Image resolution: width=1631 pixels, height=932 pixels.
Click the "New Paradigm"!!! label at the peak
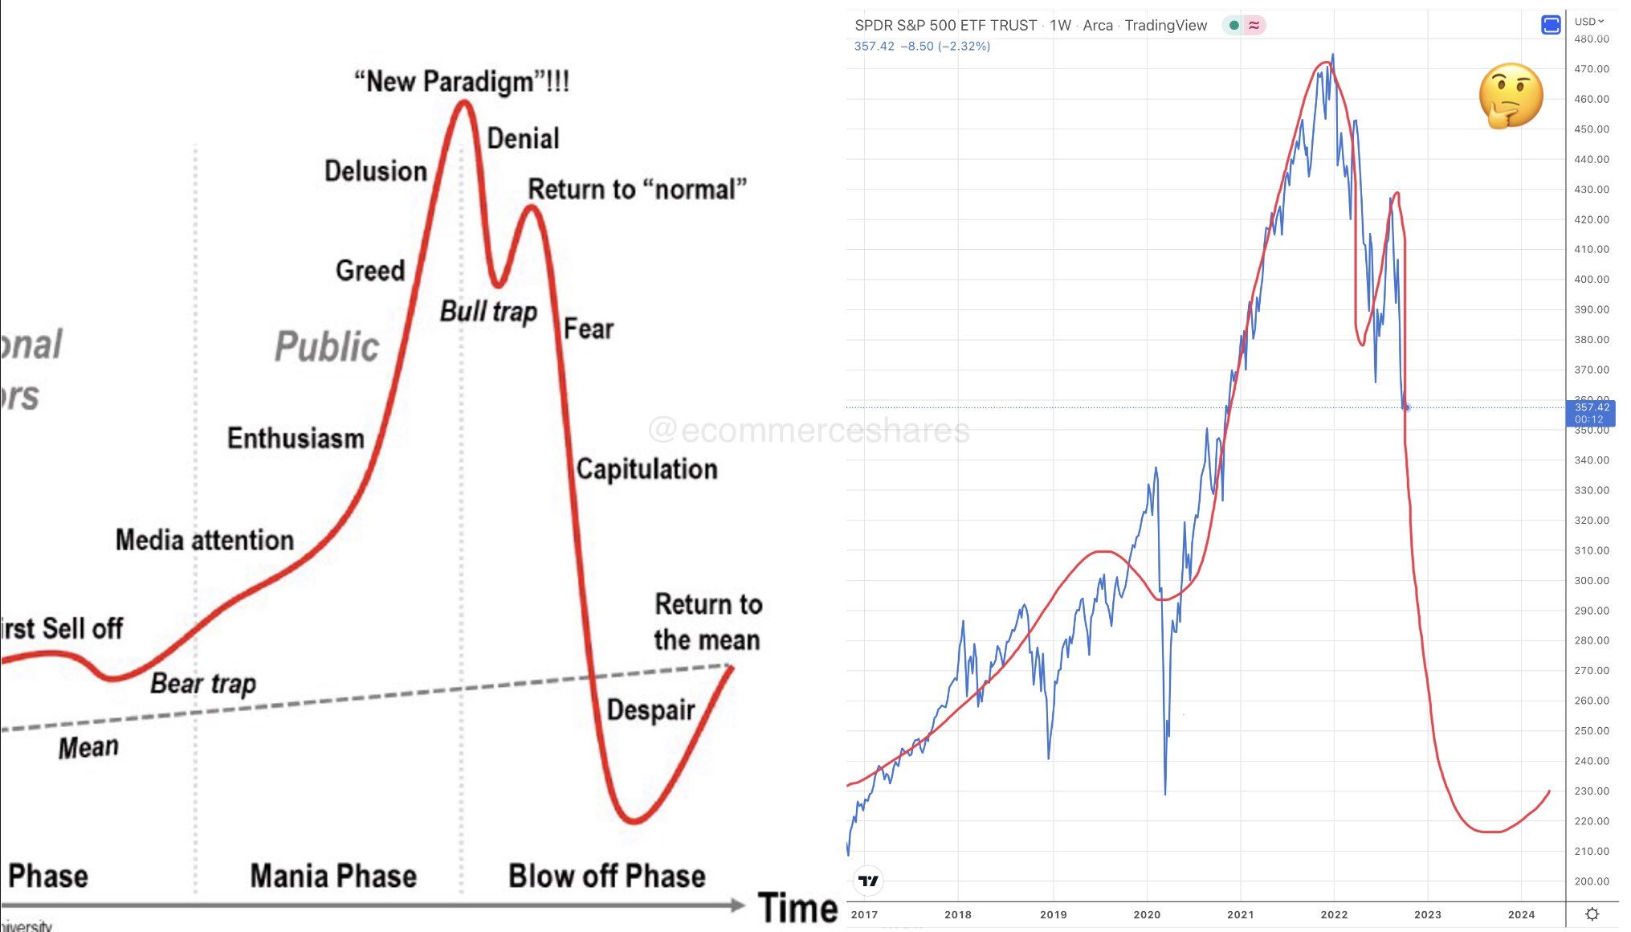click(x=462, y=82)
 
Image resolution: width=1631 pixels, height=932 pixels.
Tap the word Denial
click(x=523, y=139)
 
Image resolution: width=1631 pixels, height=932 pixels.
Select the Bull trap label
click(x=488, y=312)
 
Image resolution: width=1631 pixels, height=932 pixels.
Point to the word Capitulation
click(x=646, y=469)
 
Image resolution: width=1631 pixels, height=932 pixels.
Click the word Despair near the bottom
click(x=650, y=710)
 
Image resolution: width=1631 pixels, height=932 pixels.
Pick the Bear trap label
click(x=203, y=684)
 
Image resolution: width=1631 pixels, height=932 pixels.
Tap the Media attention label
click(x=205, y=540)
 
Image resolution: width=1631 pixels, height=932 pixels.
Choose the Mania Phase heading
click(x=333, y=876)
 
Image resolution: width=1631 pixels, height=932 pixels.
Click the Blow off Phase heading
click(x=606, y=876)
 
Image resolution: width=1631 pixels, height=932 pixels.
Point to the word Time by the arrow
click(x=797, y=909)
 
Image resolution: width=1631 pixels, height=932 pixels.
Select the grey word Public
click(x=326, y=346)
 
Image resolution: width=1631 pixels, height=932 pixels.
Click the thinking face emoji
click(x=1511, y=96)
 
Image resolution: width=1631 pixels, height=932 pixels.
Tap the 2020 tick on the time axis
click(x=1147, y=914)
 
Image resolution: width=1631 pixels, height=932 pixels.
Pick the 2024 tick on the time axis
click(x=1521, y=914)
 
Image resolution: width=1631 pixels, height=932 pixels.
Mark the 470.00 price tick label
click(x=1591, y=69)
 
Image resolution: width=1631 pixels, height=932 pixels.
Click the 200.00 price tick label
click(x=1591, y=881)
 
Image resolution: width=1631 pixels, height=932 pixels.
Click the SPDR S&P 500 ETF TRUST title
click(x=945, y=26)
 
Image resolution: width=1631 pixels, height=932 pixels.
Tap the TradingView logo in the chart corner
click(x=869, y=881)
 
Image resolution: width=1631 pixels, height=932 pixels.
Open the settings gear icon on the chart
click(x=1592, y=914)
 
